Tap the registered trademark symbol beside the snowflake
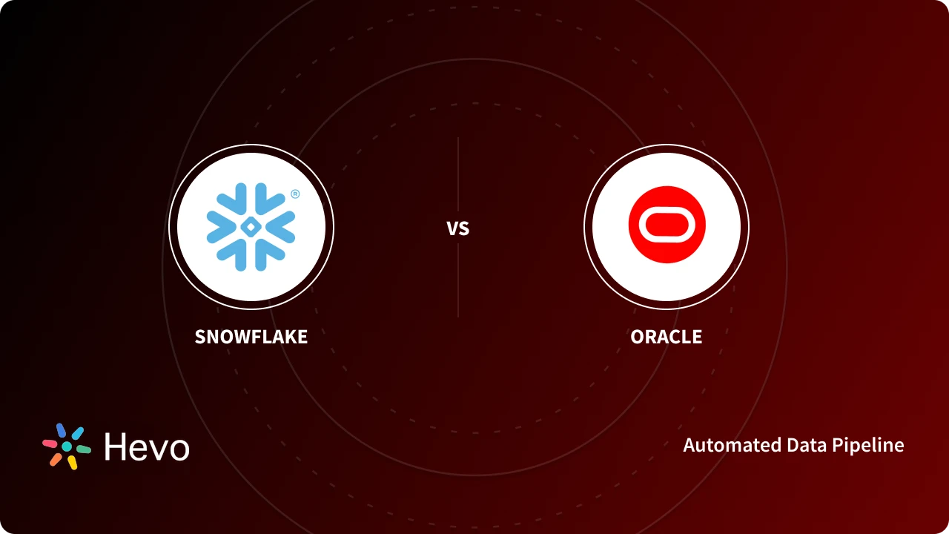(x=295, y=194)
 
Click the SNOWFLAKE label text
(x=251, y=337)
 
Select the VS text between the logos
(x=458, y=228)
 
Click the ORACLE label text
(x=666, y=337)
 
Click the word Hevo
(x=147, y=447)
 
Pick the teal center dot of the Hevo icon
(x=67, y=446)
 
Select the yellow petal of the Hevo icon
(x=72, y=462)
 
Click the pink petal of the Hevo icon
(x=50, y=443)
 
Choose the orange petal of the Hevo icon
(x=56, y=459)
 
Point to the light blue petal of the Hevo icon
(x=77, y=433)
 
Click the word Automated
(x=724, y=445)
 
